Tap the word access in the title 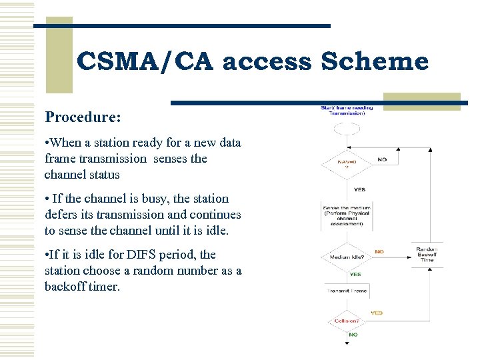coord(266,62)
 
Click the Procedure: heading coord(83,117)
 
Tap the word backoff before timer coord(68,287)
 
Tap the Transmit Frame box coord(346,291)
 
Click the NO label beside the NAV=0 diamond coord(382,160)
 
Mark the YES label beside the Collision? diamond coord(377,313)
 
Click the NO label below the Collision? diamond coord(353,335)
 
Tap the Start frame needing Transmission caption coord(346,111)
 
